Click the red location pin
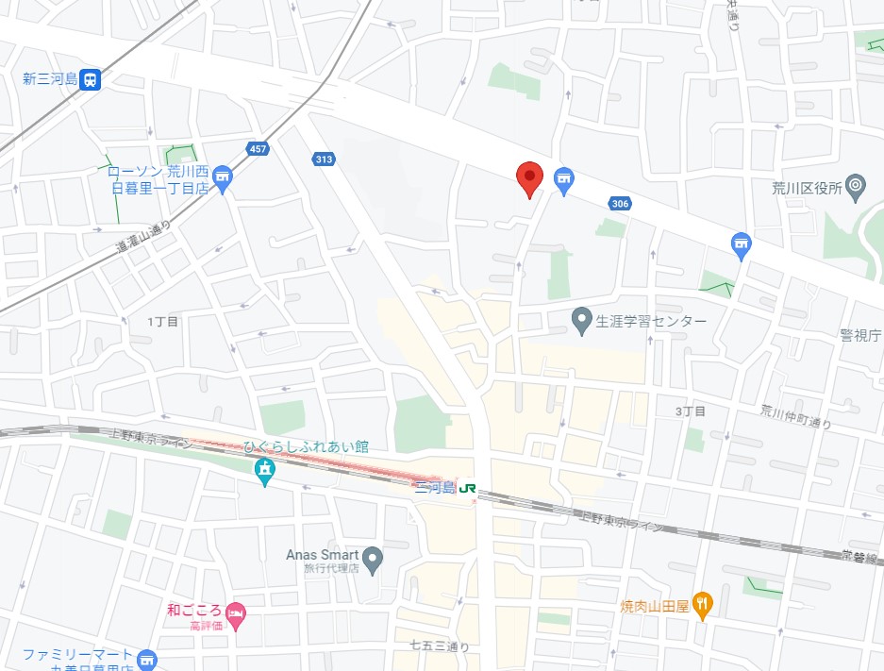[529, 178]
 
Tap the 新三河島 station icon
[91, 79]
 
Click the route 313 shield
[324, 159]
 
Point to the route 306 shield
[620, 203]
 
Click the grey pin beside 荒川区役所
[856, 186]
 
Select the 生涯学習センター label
[651, 322]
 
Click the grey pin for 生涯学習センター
[583, 321]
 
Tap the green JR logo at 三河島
[466, 488]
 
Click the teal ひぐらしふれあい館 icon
[265, 470]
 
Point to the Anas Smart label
[322, 555]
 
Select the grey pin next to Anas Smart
[374, 561]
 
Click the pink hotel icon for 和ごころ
[235, 613]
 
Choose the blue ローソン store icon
[224, 177]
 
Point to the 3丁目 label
[691, 411]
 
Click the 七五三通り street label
[439, 646]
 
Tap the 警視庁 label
[860, 335]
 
